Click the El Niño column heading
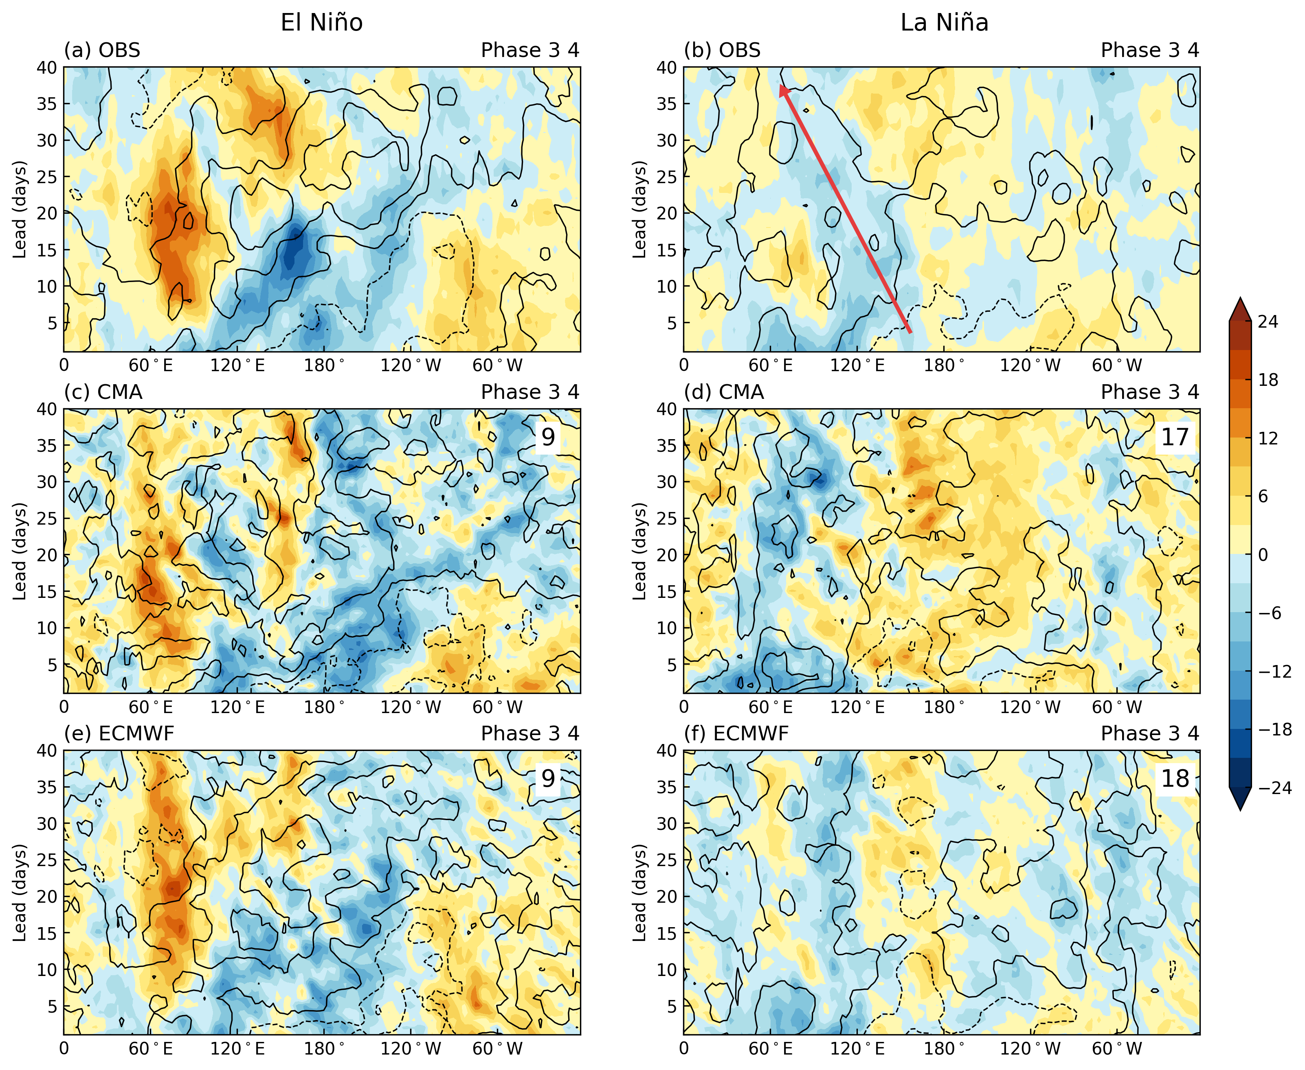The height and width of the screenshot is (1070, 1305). pos(321,23)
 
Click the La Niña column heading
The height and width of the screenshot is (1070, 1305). pos(944,23)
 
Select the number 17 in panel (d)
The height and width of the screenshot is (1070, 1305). pos(1174,437)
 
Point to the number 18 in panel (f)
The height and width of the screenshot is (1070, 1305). pos(1174,779)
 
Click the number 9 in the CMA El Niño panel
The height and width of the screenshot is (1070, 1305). pos(548,437)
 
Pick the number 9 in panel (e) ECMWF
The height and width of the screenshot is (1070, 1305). pos(548,779)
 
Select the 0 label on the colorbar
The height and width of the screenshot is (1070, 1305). pos(1263,555)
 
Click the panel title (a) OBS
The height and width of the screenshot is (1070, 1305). pos(102,50)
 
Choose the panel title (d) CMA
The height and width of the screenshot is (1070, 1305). pos(723,392)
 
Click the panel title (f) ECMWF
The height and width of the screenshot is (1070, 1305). pos(736,733)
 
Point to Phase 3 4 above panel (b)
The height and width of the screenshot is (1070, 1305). pos(1149,50)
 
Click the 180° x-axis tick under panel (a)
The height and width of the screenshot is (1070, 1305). pos(324,365)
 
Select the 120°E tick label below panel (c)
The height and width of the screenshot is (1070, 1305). pos(237,707)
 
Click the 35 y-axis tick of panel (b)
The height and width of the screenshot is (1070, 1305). pos(667,103)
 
